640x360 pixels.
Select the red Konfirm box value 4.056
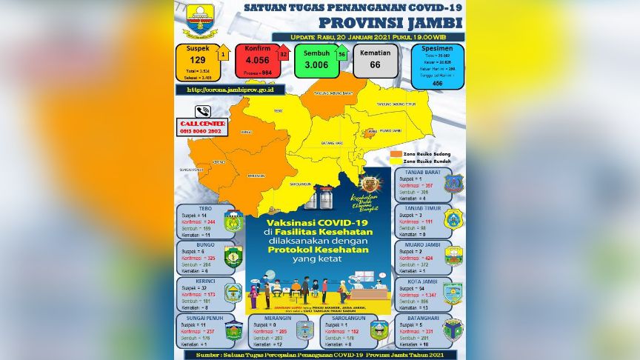pos(256,62)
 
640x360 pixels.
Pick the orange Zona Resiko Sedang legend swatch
pos(396,153)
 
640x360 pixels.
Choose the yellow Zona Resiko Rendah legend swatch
pos(396,161)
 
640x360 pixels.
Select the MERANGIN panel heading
pos(270,317)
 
